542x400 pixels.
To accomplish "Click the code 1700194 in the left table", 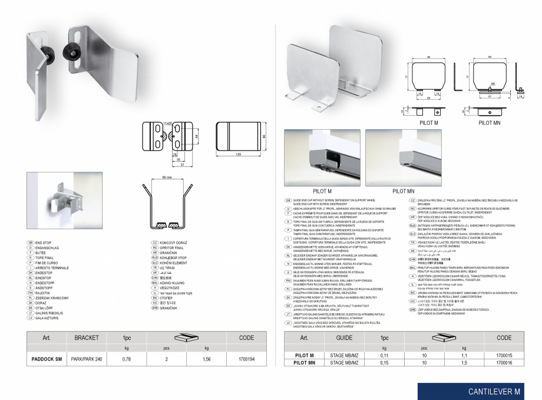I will pos(244,359).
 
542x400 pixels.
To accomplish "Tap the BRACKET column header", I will pos(86,339).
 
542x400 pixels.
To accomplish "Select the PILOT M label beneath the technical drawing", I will pos(428,122).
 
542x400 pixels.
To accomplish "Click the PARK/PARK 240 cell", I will pos(86,359).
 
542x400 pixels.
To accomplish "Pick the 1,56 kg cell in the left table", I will pos(206,359).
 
